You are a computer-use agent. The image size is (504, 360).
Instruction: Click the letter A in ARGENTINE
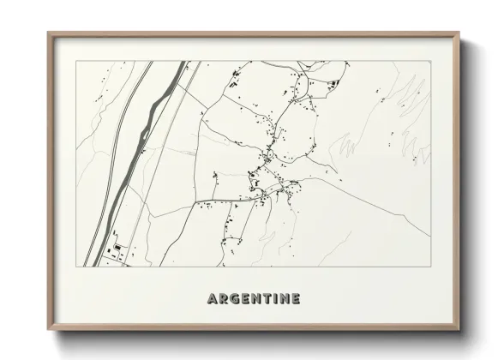212,299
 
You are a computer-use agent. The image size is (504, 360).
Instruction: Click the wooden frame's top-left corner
48,33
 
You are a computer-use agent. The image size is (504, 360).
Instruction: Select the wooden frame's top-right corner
459,33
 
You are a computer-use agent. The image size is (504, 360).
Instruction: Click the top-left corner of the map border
75,61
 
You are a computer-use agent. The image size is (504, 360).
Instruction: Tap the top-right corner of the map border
431,61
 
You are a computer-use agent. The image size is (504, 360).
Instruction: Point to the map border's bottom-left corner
75,267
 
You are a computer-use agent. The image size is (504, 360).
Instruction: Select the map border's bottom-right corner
431,267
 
